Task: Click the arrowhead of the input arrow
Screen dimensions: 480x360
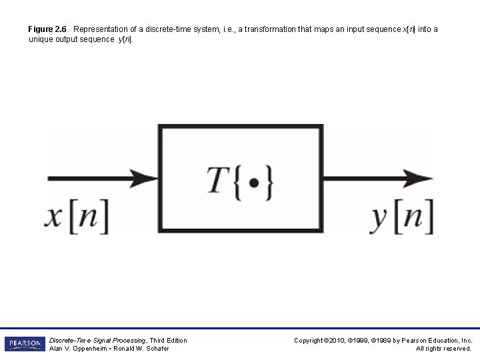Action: tap(145, 179)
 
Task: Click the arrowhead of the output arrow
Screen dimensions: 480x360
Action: tap(420, 179)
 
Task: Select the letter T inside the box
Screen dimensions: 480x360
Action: tap(218, 179)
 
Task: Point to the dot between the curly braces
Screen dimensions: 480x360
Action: tap(253, 181)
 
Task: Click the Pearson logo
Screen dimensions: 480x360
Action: tap(25, 344)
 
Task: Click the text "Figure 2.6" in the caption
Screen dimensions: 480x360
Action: tap(47, 29)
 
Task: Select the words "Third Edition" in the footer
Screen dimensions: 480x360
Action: tap(169, 340)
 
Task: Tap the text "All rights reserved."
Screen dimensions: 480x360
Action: tap(443, 349)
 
